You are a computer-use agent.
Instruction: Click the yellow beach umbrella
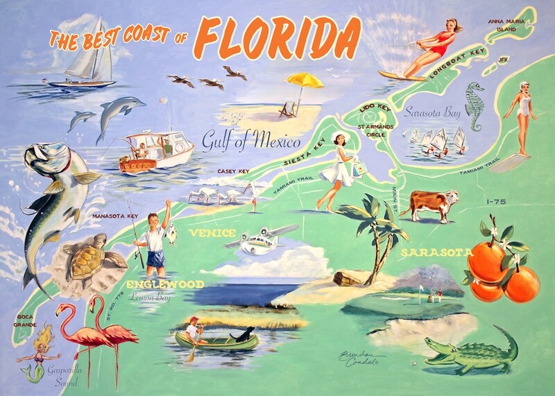click(x=305, y=80)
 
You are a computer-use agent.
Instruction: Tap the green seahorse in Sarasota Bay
click(x=474, y=106)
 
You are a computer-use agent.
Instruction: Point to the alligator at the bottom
click(x=472, y=353)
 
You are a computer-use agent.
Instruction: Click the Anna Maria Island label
click(x=508, y=26)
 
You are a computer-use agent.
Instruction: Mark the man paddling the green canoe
click(x=194, y=332)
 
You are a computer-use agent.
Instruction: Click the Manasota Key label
click(x=114, y=216)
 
